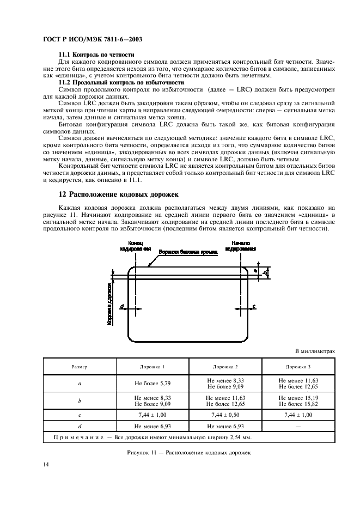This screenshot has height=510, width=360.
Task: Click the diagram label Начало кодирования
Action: pos(243,245)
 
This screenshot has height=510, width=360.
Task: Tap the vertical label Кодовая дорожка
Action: pos(109,303)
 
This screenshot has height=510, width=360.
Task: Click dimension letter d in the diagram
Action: pos(122,307)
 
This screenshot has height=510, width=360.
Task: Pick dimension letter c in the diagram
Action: pos(254,307)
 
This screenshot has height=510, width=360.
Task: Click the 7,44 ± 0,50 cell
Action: pos(225,415)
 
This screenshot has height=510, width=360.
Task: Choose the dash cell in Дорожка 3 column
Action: pos(298,426)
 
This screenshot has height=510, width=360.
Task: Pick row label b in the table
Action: pos(80,401)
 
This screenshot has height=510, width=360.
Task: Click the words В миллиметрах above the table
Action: pos(315,352)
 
